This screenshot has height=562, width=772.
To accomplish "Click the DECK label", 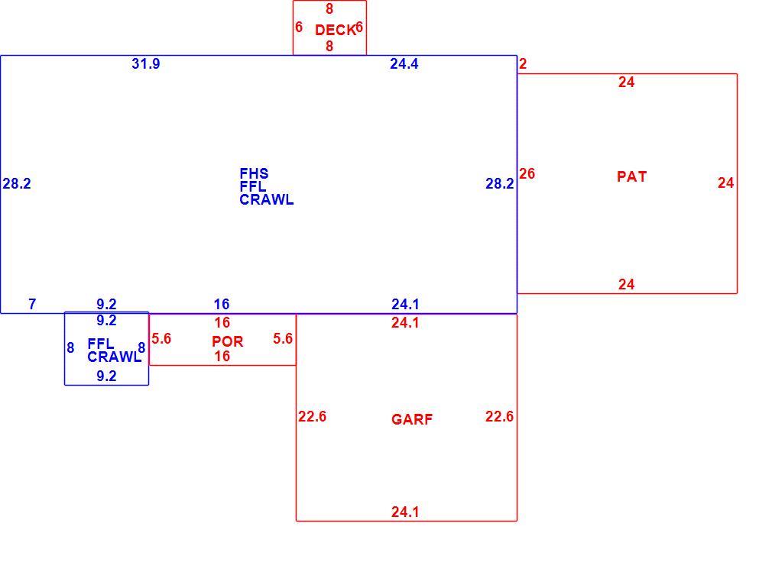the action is [335, 30].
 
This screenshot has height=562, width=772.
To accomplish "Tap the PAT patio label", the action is [631, 176].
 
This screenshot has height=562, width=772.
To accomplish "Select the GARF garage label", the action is [412, 419].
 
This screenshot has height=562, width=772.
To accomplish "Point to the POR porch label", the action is [228, 341].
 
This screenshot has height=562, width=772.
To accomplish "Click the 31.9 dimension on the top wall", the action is [146, 64].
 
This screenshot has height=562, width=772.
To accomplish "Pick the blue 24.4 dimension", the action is [404, 64].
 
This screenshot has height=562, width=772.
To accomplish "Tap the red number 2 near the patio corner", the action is [523, 64].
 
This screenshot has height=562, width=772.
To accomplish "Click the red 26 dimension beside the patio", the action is [527, 173].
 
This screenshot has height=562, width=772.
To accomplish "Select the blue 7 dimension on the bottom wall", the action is [33, 305].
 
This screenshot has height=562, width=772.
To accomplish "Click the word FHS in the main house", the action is [254, 173].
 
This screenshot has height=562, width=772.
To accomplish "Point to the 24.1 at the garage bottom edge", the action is [405, 512].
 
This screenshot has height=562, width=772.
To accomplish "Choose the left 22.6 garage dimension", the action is [312, 416].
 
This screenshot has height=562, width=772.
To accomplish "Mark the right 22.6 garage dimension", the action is [499, 416].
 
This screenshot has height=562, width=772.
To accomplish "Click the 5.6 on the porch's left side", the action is [161, 339].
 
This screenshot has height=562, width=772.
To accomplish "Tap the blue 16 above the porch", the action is [222, 305].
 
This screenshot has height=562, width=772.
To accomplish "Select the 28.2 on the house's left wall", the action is [17, 183].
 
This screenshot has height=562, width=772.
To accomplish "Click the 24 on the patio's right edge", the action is [725, 183].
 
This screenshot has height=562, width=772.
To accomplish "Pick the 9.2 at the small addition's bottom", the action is [106, 376].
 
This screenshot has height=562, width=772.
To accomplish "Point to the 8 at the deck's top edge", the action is [329, 8].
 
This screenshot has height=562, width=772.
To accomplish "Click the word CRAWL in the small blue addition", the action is [114, 357].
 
